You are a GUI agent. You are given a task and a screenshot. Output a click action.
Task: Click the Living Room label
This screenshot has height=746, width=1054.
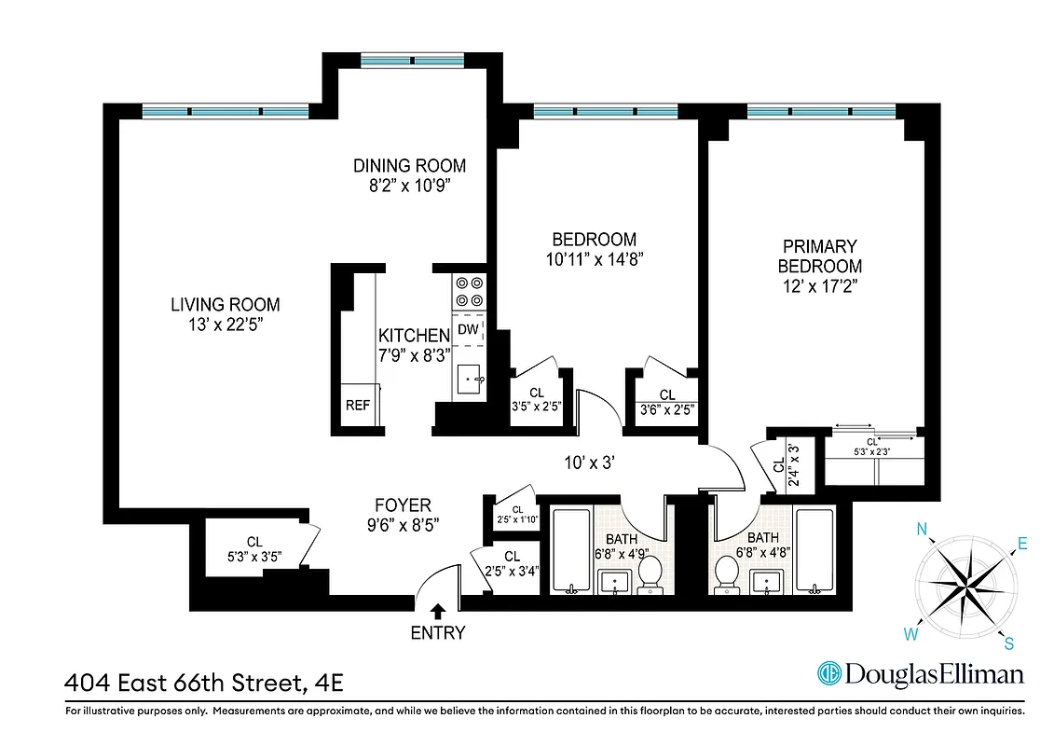pos(225,304)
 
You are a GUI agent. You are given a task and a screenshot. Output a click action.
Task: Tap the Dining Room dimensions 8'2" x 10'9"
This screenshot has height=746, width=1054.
pos(409,185)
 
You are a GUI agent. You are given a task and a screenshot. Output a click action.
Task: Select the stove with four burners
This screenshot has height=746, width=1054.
pos(468,291)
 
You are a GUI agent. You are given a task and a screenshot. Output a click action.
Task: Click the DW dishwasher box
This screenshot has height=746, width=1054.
pos(468,329)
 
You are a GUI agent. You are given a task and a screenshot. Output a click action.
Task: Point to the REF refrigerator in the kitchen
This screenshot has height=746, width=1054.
pos(358,406)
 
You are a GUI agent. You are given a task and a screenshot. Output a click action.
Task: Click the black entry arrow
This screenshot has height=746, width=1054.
pos(437,611)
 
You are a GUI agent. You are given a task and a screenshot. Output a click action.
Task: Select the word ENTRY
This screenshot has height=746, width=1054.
pos(437,633)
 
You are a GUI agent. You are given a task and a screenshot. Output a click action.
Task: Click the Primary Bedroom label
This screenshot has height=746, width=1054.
pos(819,256)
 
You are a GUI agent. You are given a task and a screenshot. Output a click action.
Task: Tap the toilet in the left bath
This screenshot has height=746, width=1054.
pos(650,574)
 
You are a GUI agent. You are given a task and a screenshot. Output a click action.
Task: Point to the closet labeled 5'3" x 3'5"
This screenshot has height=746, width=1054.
pos(254,548)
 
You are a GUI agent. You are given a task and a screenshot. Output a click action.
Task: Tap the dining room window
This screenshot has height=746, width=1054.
pos(411,61)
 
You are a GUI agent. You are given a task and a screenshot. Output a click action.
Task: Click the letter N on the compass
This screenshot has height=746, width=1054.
pos(923,531)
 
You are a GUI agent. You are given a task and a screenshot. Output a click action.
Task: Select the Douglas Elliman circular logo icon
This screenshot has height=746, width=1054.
pos(828,673)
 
